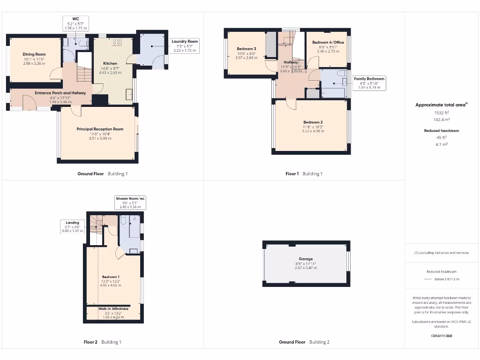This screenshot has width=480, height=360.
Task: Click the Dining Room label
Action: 34,54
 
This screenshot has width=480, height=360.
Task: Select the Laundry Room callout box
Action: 185,45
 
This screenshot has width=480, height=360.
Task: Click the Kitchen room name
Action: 110,63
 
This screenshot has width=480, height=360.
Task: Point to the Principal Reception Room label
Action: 100,129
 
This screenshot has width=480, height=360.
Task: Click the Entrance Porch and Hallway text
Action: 60,93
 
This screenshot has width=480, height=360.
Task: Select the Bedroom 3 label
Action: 246,49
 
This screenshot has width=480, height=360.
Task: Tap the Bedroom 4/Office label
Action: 328,42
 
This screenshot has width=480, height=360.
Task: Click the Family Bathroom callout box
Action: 369,83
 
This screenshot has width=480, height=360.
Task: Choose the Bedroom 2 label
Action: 312,122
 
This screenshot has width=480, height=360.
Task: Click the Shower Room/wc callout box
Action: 131,202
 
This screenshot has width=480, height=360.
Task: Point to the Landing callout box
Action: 72,226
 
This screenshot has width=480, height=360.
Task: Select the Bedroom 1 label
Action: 110,277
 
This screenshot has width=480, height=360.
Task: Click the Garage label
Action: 306,259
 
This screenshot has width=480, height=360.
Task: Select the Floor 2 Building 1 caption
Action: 102,342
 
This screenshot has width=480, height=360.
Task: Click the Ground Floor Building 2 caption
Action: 304,342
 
